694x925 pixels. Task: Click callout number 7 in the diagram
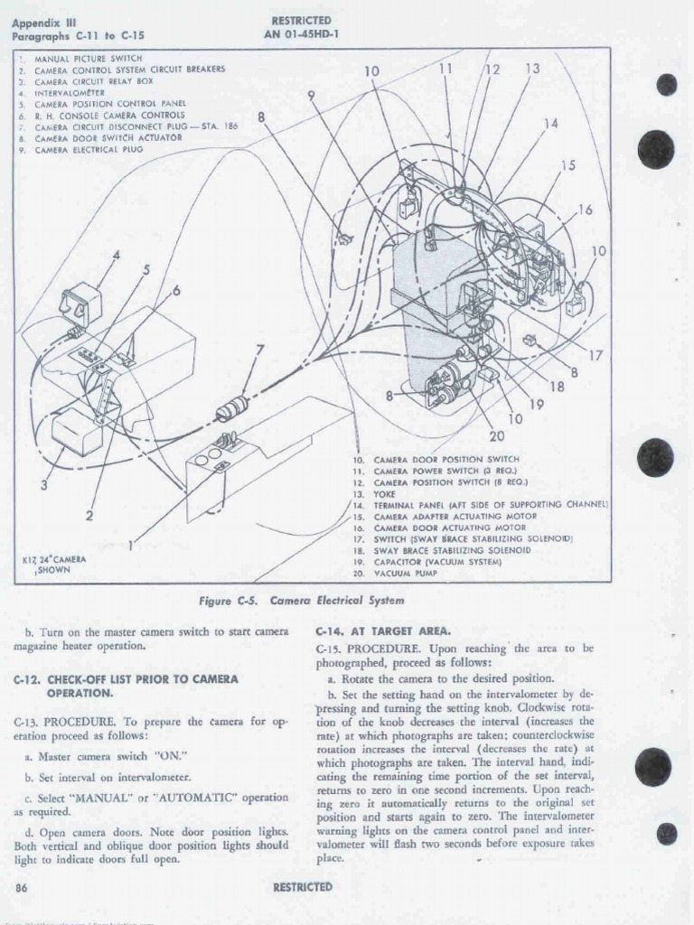point(260,350)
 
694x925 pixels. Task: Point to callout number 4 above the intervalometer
point(115,257)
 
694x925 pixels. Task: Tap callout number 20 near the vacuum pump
point(495,437)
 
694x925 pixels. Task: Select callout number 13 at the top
point(532,69)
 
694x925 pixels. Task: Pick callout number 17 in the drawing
point(596,355)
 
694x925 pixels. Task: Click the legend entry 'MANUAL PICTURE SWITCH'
point(82,59)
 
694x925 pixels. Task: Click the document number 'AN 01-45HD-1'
point(301,36)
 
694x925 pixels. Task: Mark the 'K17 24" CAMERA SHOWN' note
point(53,565)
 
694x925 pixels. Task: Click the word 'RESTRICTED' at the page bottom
point(302,887)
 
